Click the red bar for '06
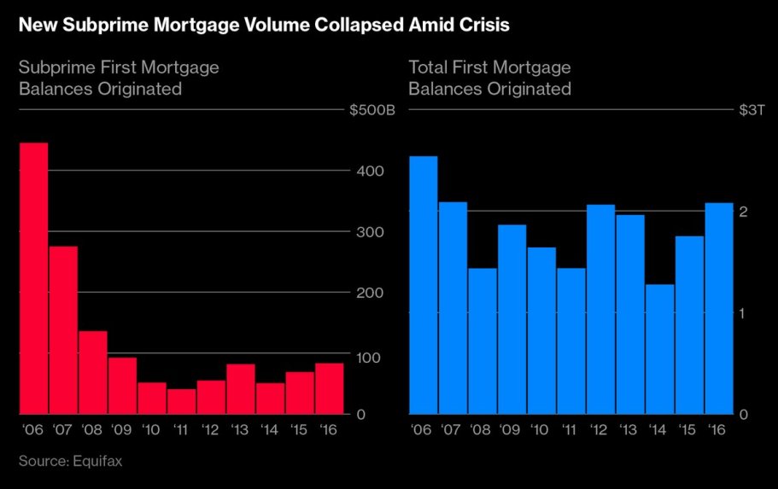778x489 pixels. [x=33, y=277]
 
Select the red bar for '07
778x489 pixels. [x=63, y=329]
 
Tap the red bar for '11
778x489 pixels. [x=181, y=401]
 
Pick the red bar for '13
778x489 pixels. [x=241, y=388]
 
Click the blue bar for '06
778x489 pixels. [x=424, y=284]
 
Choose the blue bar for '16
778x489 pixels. [x=719, y=308]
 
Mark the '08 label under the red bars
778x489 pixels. [x=92, y=429]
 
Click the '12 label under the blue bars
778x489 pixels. [x=601, y=429]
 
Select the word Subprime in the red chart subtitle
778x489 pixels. [x=55, y=67]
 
